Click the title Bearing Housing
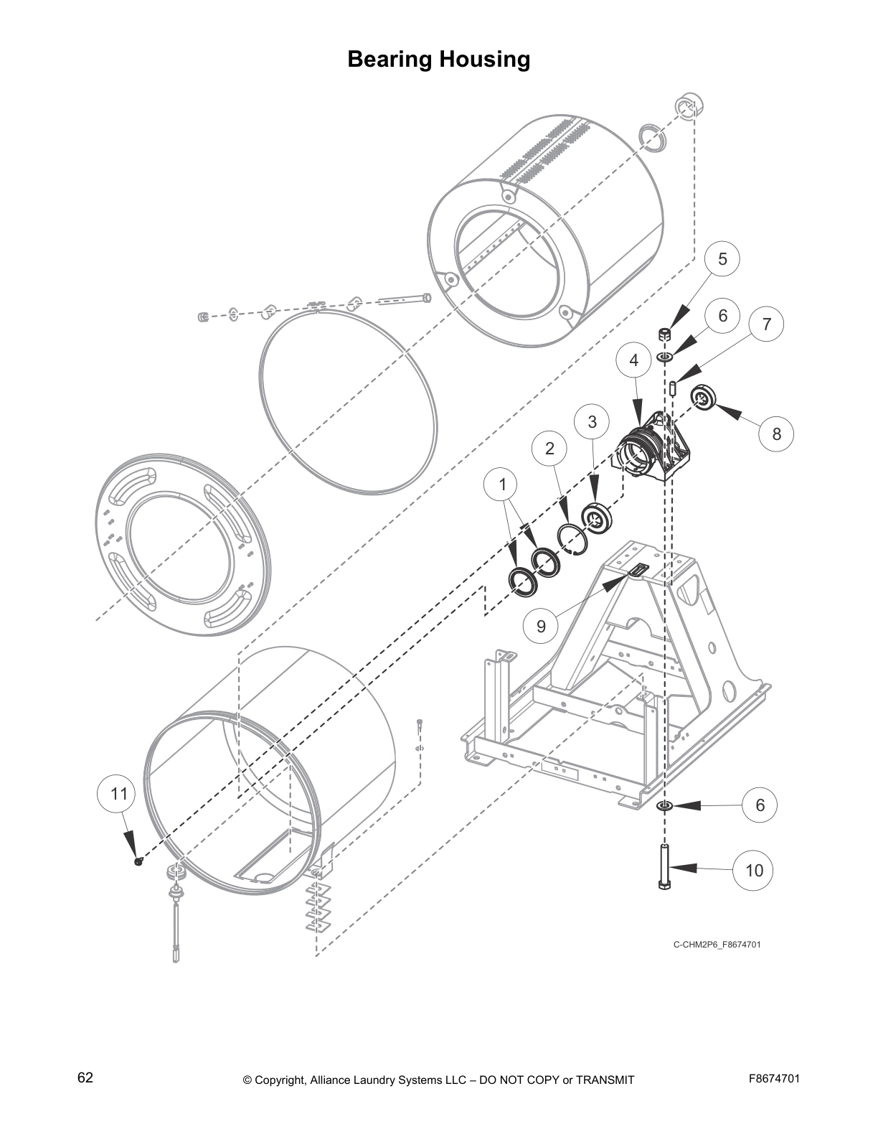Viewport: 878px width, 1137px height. [438, 59]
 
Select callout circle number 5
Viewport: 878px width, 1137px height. [722, 259]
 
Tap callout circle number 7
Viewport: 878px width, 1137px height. [766, 324]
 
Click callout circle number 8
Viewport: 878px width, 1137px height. [776, 434]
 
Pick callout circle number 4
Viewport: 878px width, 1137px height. [633, 360]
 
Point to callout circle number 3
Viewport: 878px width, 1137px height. [592, 422]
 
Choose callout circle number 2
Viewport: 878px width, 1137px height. [549, 449]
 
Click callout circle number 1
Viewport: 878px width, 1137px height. [502, 485]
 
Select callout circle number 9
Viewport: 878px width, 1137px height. [541, 627]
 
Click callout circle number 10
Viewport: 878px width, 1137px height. [754, 871]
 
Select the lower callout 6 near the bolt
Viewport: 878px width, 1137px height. [760, 805]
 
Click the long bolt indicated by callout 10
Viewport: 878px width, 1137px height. [664, 867]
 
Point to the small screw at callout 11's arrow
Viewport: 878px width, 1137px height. [138, 861]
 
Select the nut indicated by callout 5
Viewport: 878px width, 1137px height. [664, 334]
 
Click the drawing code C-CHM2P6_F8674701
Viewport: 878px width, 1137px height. [716, 945]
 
